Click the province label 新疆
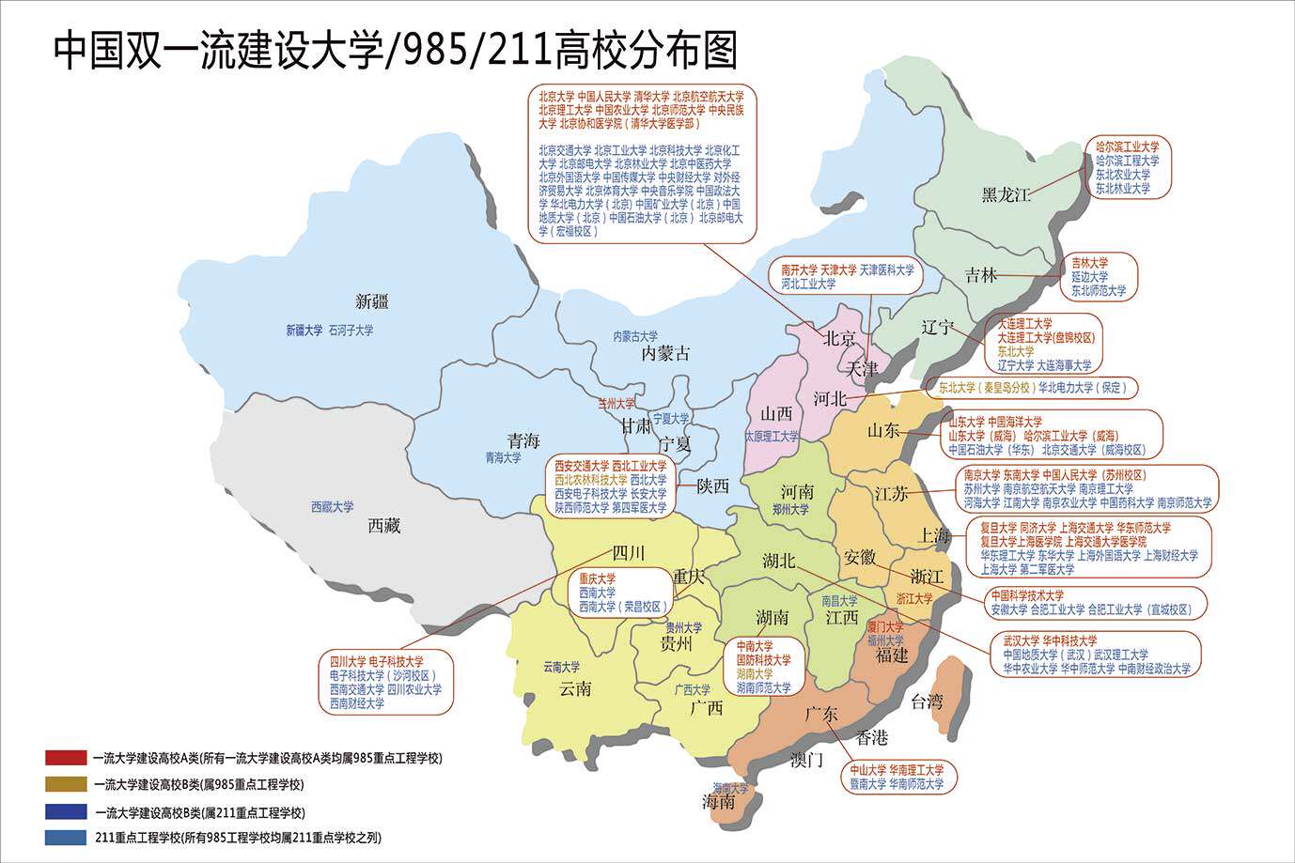click(372, 301)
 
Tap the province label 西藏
click(383, 526)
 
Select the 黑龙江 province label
click(1006, 194)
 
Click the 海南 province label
click(719, 803)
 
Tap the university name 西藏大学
click(333, 507)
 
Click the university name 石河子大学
click(351, 331)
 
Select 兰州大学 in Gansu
click(616, 405)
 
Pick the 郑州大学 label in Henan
click(790, 510)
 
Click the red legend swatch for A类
click(66, 758)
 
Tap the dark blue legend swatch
click(66, 812)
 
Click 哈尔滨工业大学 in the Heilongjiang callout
click(1127, 146)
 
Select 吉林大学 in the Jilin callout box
click(1089, 263)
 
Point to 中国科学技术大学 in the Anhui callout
click(1027, 595)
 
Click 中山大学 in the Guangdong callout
click(868, 770)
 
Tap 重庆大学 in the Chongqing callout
click(597, 578)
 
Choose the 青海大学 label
click(503, 458)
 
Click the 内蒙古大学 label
click(635, 336)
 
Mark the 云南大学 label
click(561, 668)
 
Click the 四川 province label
click(628, 551)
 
